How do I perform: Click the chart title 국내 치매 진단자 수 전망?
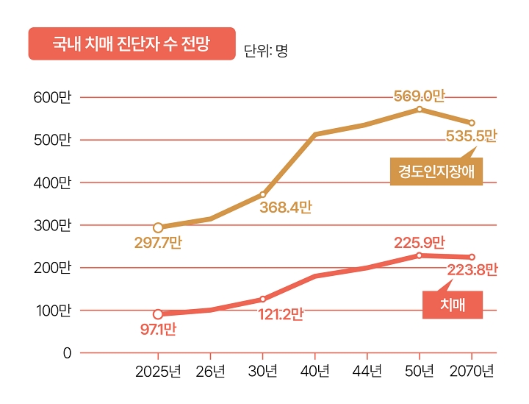pos(132,43)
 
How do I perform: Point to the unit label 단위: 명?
pos(265,51)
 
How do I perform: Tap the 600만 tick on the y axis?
pos(52,97)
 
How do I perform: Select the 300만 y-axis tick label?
pos(52,225)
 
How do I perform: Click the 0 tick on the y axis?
pos(67,353)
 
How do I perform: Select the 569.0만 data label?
pos(420,96)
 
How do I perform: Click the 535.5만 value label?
pos(471,136)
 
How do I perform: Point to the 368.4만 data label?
pos(285,208)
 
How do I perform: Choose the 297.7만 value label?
pos(158,243)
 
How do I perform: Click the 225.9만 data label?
pos(420,241)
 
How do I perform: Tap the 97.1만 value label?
pos(158,329)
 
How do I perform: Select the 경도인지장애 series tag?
pos(436,172)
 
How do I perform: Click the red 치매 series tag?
pos(453,305)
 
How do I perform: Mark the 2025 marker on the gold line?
pos(158,227)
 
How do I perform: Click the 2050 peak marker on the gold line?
pos(420,109)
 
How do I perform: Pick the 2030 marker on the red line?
pos(262,299)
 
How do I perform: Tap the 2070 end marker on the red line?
pos(472,257)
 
